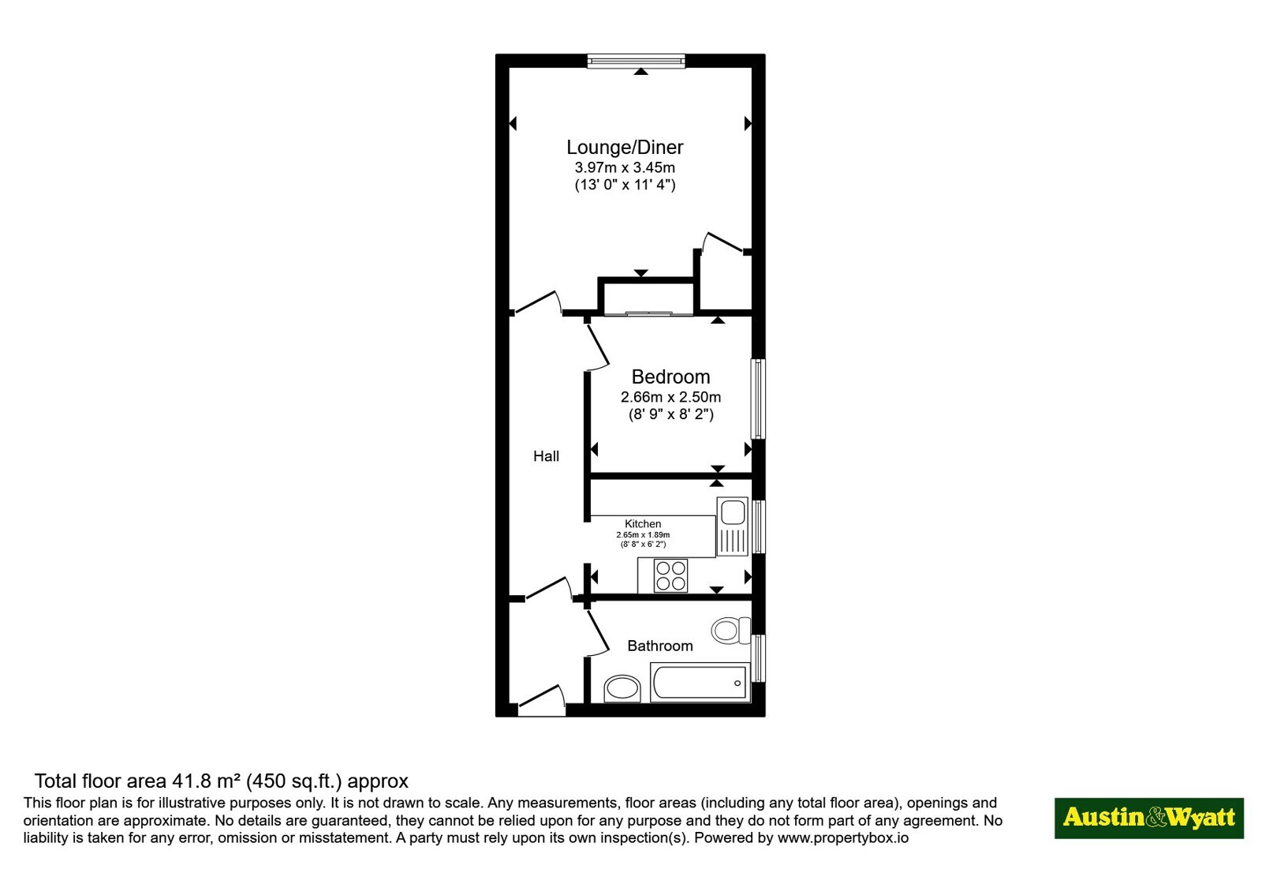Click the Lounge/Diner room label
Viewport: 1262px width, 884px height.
(624, 147)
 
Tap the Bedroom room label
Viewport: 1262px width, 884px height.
(670, 376)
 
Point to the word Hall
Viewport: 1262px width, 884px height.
(546, 456)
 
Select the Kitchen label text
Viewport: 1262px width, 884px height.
(643, 524)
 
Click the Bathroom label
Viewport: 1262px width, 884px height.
(660, 646)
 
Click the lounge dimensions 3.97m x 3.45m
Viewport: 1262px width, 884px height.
(625, 167)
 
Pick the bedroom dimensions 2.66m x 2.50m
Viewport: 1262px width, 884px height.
(670, 397)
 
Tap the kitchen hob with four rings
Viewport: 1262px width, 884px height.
(670, 575)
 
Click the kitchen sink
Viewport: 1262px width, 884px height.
(732, 526)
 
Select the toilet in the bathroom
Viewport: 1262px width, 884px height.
(730, 630)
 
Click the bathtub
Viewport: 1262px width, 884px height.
(700, 683)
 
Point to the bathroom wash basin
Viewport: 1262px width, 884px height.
(622, 689)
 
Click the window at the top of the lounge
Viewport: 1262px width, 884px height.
(636, 61)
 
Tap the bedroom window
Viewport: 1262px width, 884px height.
(759, 399)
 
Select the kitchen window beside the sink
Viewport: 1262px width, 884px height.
(759, 526)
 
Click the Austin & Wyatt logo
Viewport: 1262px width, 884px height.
(1148, 818)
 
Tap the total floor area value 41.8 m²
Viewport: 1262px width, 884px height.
(207, 781)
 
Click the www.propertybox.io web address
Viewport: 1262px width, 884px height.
(843, 837)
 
